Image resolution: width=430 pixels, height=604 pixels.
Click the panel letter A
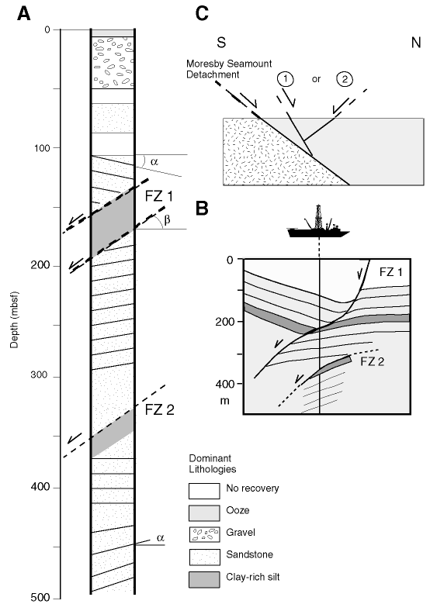(24, 14)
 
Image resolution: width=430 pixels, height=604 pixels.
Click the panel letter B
(202, 208)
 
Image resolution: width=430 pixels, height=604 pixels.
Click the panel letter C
(202, 14)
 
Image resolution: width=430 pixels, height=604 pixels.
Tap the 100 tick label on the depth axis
(40, 148)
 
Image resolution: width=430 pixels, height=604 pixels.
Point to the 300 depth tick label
(40, 375)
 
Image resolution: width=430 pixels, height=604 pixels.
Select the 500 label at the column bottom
(40, 598)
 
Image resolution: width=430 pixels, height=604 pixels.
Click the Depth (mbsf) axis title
(14, 319)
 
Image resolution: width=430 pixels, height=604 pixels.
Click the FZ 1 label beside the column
(159, 196)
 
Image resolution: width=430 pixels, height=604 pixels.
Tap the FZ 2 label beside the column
(159, 409)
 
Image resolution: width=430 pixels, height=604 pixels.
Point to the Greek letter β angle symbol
(167, 220)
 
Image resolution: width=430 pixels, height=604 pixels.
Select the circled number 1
(286, 79)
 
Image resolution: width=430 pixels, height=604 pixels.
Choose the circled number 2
(345, 79)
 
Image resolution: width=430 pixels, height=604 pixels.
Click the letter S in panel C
(221, 43)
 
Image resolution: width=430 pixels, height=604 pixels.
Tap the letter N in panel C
(416, 43)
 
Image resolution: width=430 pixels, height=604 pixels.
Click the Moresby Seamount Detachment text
(229, 69)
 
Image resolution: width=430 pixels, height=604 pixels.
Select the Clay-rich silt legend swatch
(204, 579)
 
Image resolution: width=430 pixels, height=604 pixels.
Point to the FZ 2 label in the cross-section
(372, 361)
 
